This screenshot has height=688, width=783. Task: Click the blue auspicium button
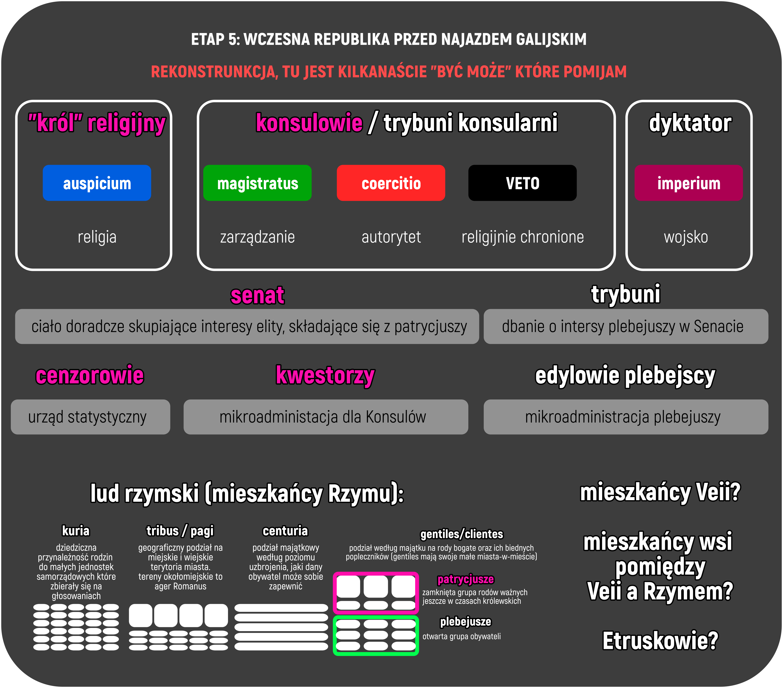click(97, 183)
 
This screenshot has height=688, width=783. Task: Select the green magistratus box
click(258, 183)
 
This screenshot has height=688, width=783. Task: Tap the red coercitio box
click(391, 183)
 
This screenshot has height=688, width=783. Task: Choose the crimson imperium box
click(688, 183)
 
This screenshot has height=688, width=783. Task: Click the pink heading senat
click(258, 296)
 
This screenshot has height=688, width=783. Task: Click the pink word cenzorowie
click(90, 375)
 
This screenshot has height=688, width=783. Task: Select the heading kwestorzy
click(325, 375)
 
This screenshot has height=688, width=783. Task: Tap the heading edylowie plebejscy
click(625, 375)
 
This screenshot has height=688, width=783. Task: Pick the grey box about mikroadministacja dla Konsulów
click(326, 417)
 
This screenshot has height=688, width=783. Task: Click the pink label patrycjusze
click(465, 579)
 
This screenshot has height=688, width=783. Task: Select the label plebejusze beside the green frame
click(465, 621)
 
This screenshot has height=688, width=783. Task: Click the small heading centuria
click(285, 531)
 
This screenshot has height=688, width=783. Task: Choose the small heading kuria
click(76, 531)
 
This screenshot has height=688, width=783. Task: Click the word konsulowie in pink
click(309, 123)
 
